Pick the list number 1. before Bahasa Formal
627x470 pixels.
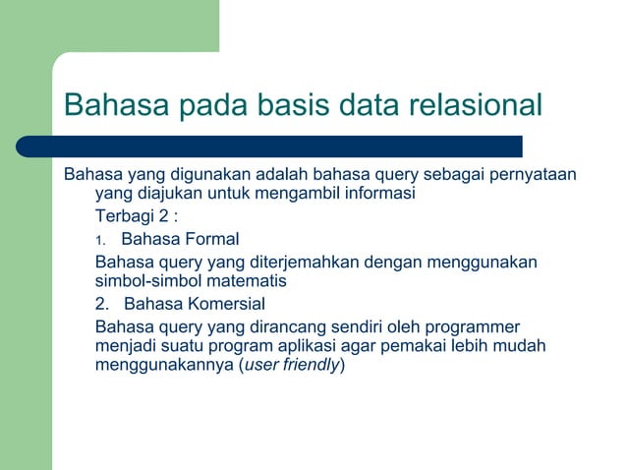point(99,239)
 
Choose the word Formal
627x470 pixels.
point(207,238)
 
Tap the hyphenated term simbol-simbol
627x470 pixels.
point(147,280)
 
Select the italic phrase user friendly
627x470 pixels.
point(293,366)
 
